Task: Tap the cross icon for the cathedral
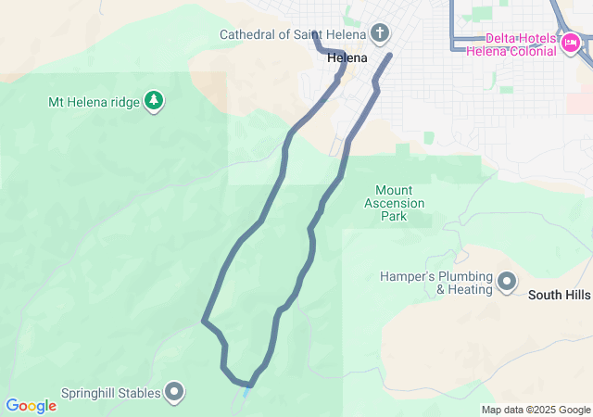click(x=379, y=35)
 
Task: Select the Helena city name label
click(x=347, y=57)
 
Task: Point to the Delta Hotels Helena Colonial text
click(x=523, y=44)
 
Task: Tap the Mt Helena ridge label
click(x=95, y=101)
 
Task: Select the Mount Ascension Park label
click(x=394, y=203)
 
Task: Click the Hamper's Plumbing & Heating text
click(x=435, y=283)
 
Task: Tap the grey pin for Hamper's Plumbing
click(x=507, y=281)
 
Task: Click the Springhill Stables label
click(x=111, y=393)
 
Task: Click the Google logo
click(x=31, y=405)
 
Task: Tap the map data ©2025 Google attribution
click(x=536, y=410)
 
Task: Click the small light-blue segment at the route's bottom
click(x=246, y=393)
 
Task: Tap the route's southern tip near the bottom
click(x=249, y=385)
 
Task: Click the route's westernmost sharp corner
click(x=203, y=322)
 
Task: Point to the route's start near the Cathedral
click(x=314, y=33)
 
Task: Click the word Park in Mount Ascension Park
click(x=394, y=217)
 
